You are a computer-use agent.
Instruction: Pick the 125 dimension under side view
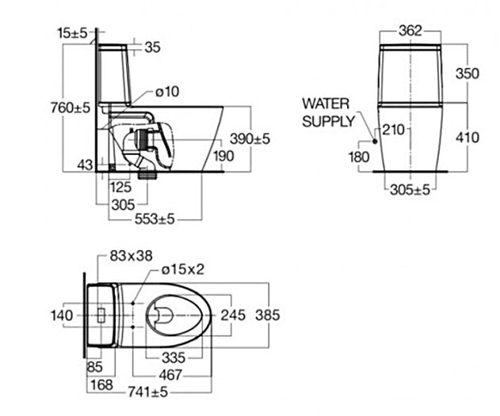(x=120, y=187)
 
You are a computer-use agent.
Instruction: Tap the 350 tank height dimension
(x=467, y=73)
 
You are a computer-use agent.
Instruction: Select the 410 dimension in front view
(x=467, y=138)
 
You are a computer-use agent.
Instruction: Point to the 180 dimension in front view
(x=358, y=157)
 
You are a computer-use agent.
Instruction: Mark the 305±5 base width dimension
(x=410, y=190)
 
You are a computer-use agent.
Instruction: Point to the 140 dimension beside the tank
(x=62, y=316)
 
